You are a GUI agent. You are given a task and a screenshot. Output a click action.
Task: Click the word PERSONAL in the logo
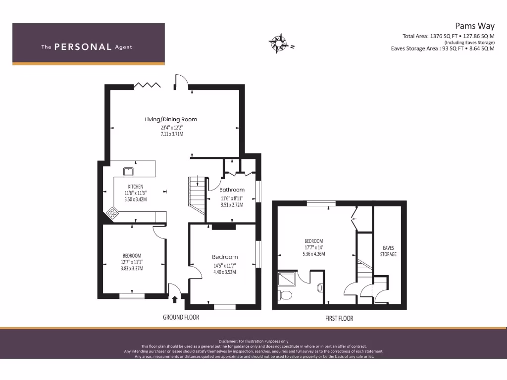point(83,47)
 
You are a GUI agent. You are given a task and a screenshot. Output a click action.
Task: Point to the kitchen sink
point(129,171)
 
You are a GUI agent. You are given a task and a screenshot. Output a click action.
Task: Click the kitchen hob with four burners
point(113,213)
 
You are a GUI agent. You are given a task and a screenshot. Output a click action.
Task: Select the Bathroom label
point(232,190)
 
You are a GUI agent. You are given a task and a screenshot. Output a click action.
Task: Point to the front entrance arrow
point(174,299)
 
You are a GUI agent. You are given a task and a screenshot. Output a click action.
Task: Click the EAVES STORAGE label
point(388,251)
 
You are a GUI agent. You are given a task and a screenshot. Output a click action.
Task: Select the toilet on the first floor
point(286,295)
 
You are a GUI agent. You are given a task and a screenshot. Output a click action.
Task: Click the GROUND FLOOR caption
point(181,317)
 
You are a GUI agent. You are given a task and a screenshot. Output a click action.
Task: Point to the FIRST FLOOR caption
point(339,319)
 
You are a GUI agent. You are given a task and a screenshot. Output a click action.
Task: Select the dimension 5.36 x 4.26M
point(314,254)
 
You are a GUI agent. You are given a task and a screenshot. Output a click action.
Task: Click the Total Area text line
point(449,36)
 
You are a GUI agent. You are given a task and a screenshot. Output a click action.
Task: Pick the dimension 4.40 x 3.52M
point(225,272)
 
